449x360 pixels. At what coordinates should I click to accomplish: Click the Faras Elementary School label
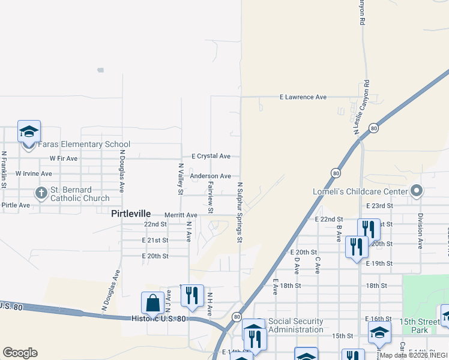(x=84, y=145)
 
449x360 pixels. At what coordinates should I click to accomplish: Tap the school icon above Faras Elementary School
(x=29, y=133)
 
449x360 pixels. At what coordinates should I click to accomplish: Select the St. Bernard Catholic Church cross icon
(x=41, y=193)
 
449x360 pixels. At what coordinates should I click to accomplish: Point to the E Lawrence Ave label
(x=304, y=97)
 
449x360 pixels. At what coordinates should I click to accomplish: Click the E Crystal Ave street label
(x=211, y=156)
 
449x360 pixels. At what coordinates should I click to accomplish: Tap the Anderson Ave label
(x=210, y=176)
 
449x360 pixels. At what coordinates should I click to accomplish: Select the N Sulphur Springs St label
(x=239, y=212)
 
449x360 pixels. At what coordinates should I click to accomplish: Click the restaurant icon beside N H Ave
(x=192, y=296)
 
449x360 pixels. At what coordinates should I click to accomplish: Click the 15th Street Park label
(x=427, y=326)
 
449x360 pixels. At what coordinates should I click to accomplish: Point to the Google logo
(x=20, y=353)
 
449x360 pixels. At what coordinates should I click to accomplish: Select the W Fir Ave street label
(x=64, y=158)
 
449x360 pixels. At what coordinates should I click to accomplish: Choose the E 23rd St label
(x=379, y=205)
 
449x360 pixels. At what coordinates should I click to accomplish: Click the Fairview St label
(x=211, y=198)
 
